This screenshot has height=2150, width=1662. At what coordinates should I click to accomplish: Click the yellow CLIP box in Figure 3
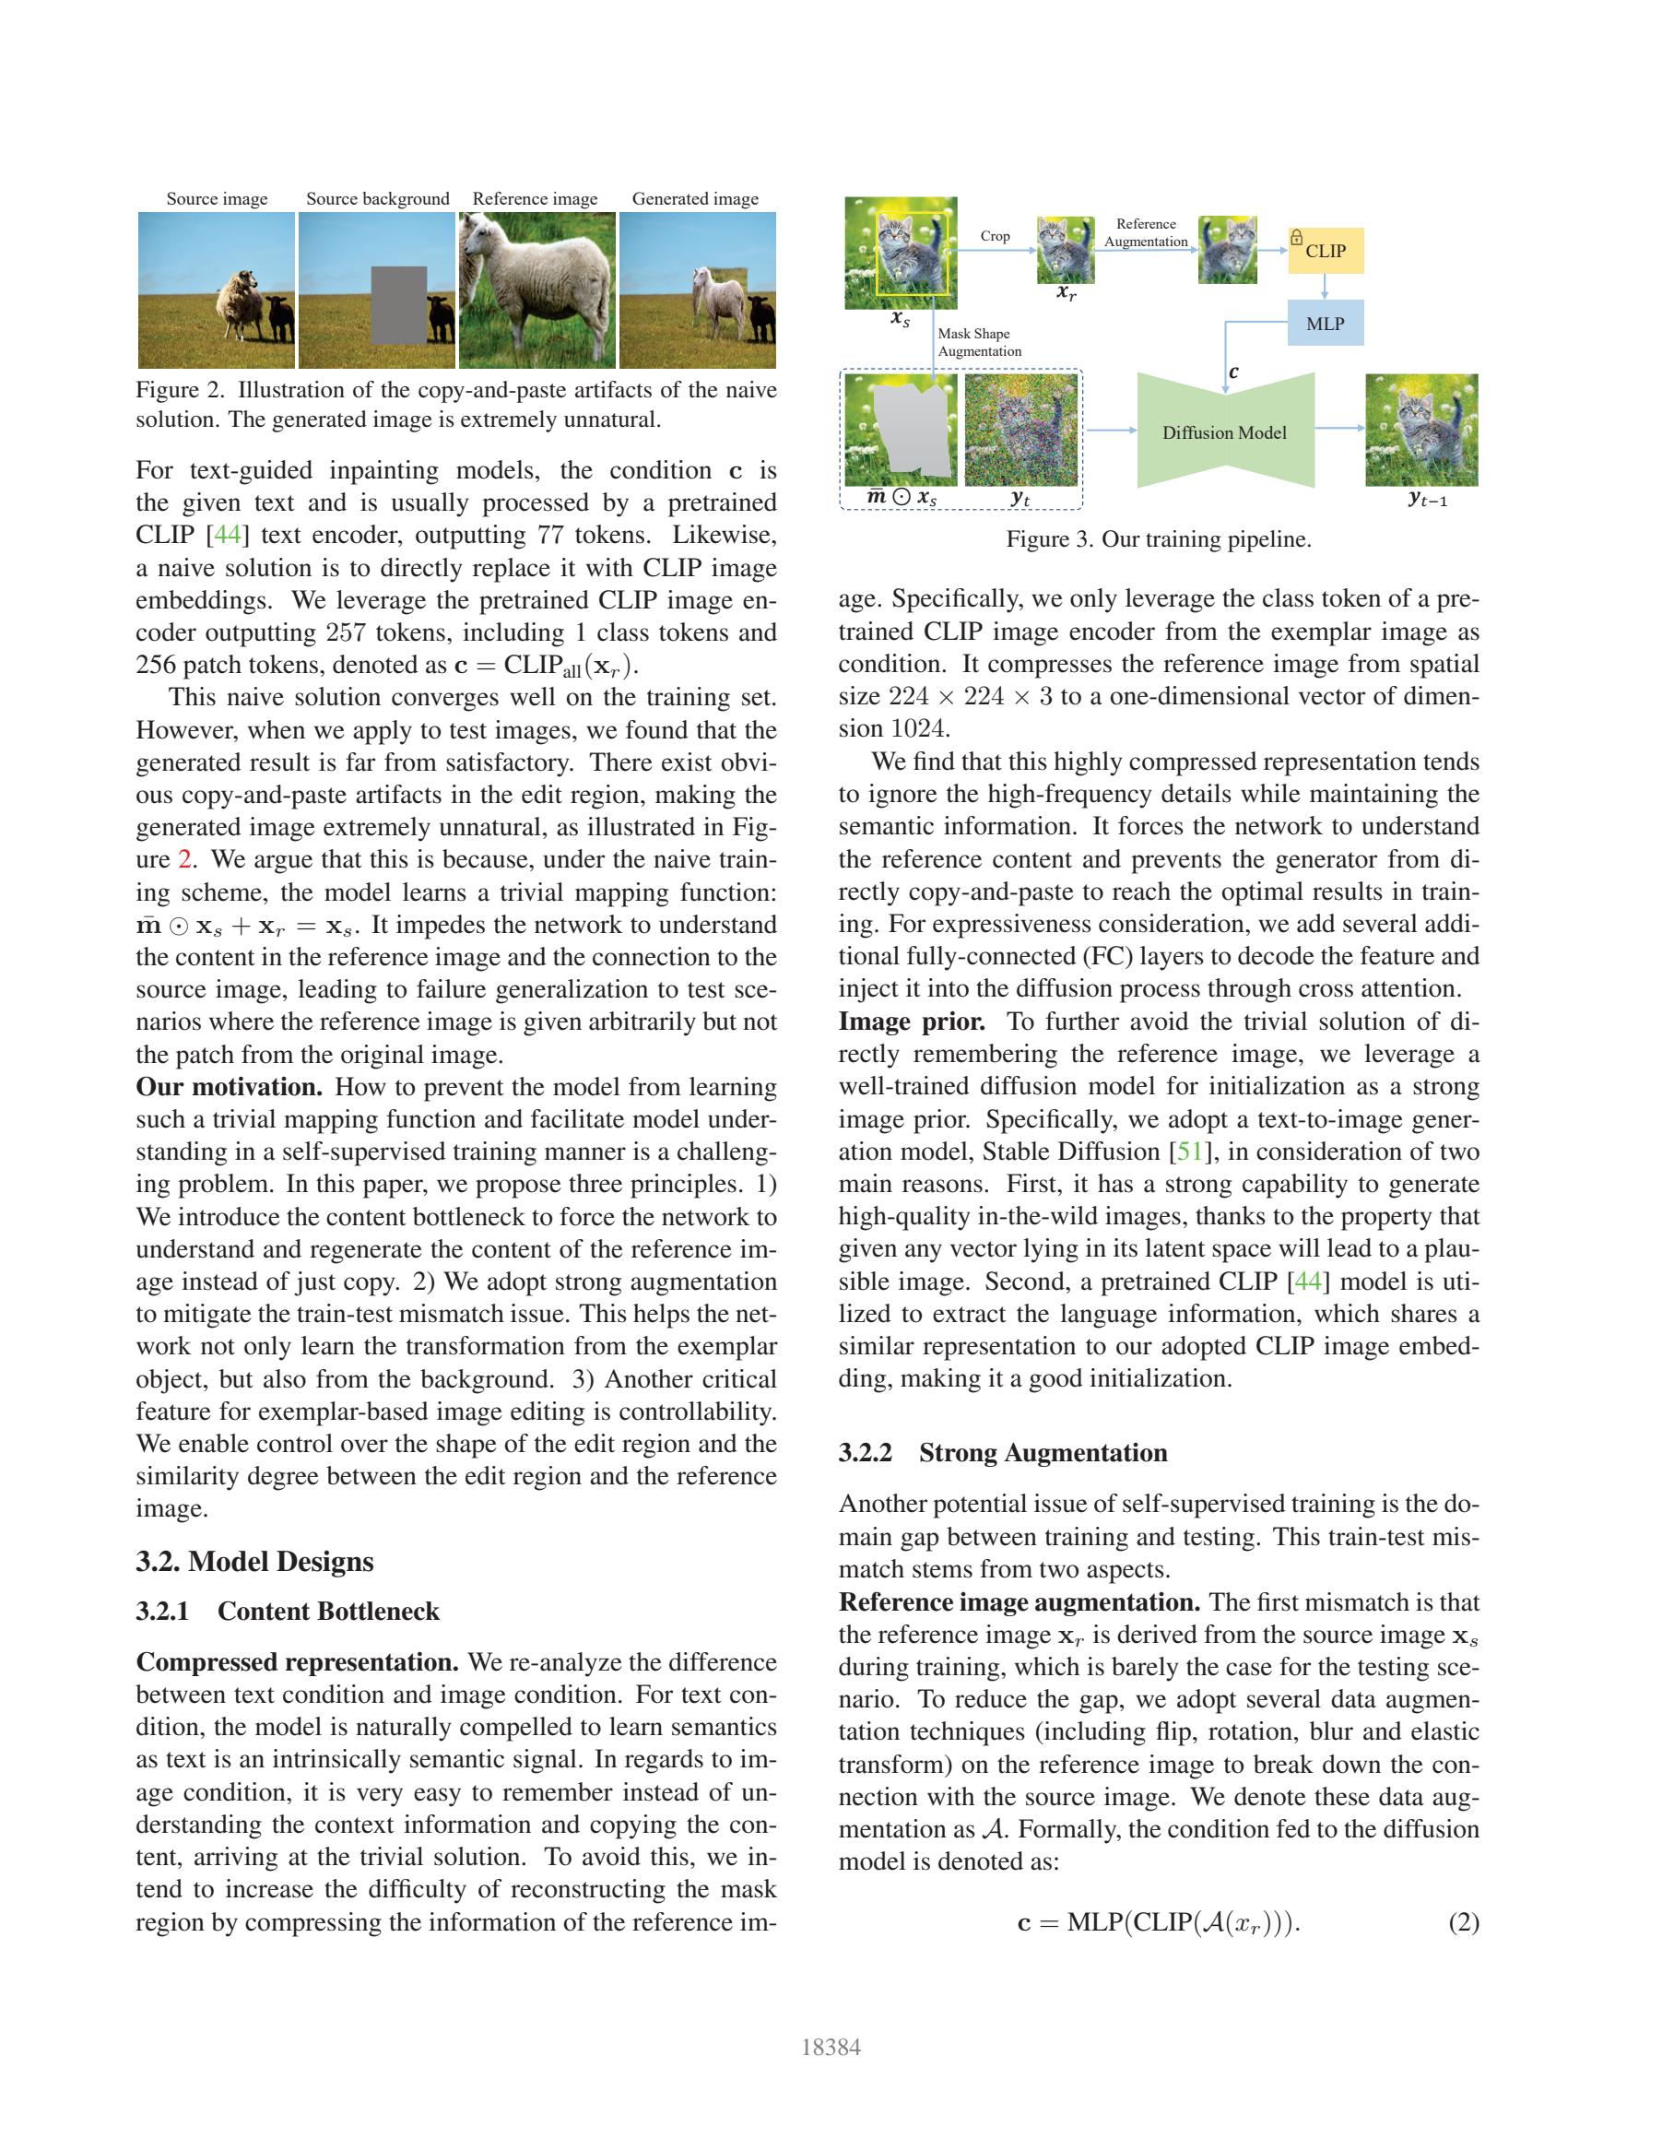1326,251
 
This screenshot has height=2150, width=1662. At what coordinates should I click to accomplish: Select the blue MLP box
1326,324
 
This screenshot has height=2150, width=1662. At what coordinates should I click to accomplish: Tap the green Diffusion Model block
1225,431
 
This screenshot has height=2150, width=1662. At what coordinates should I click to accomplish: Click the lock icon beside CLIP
1297,237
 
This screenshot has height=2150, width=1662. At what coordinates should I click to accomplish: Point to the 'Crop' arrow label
995,236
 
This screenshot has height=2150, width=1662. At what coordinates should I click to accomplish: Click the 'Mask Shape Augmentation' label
979,343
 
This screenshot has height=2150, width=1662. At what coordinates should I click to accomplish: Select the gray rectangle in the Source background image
398,304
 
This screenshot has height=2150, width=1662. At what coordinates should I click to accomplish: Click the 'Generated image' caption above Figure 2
695,199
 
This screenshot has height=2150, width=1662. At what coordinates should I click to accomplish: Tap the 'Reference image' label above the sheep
535,199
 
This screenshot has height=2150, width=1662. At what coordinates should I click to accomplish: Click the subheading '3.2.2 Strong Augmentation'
1003,1453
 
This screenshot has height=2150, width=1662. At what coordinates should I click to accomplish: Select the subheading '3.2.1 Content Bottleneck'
288,1612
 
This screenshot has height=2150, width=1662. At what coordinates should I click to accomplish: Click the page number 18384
831,2048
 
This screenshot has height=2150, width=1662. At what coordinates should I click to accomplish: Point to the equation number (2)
1463,1922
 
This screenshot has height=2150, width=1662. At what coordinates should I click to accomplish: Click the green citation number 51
1190,1152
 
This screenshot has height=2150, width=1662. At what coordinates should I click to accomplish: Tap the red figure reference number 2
184,859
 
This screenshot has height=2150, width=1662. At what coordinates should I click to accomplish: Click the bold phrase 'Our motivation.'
230,1087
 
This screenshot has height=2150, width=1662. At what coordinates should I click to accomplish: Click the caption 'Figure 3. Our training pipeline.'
1158,539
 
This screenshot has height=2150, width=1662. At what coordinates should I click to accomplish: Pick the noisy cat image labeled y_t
1021,431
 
